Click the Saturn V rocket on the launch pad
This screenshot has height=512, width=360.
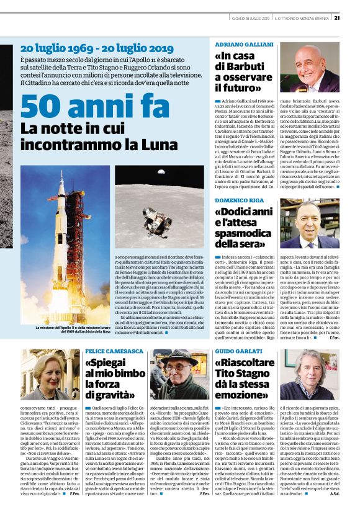pyautogui.click(x=65, y=248)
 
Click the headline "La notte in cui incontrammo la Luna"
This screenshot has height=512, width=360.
pyautogui.click(x=90, y=138)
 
